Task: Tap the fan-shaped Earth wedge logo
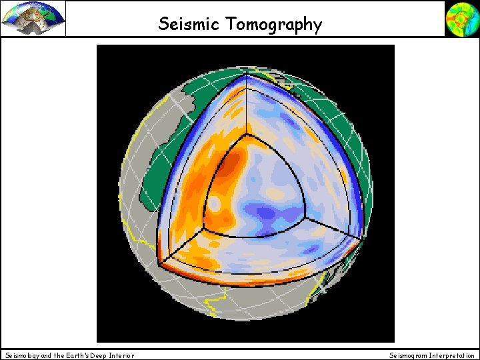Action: pos(33,19)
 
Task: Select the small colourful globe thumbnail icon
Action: pos(461,19)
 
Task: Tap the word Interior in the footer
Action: pos(117,355)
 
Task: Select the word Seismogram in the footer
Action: pos(407,355)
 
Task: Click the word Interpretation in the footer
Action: pos(452,355)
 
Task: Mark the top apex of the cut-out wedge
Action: pos(246,75)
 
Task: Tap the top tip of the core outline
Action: pos(246,135)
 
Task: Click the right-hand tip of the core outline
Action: pos(306,217)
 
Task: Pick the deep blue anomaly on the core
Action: pos(267,213)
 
